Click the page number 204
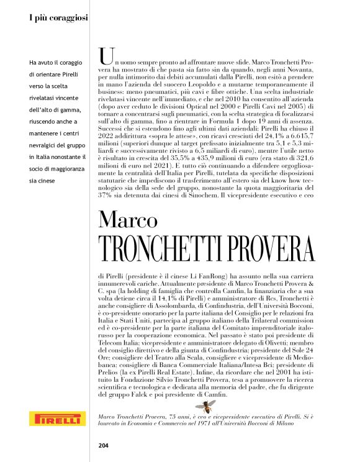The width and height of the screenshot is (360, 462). tap(104, 445)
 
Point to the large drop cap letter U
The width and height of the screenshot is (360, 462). tap(105, 57)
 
